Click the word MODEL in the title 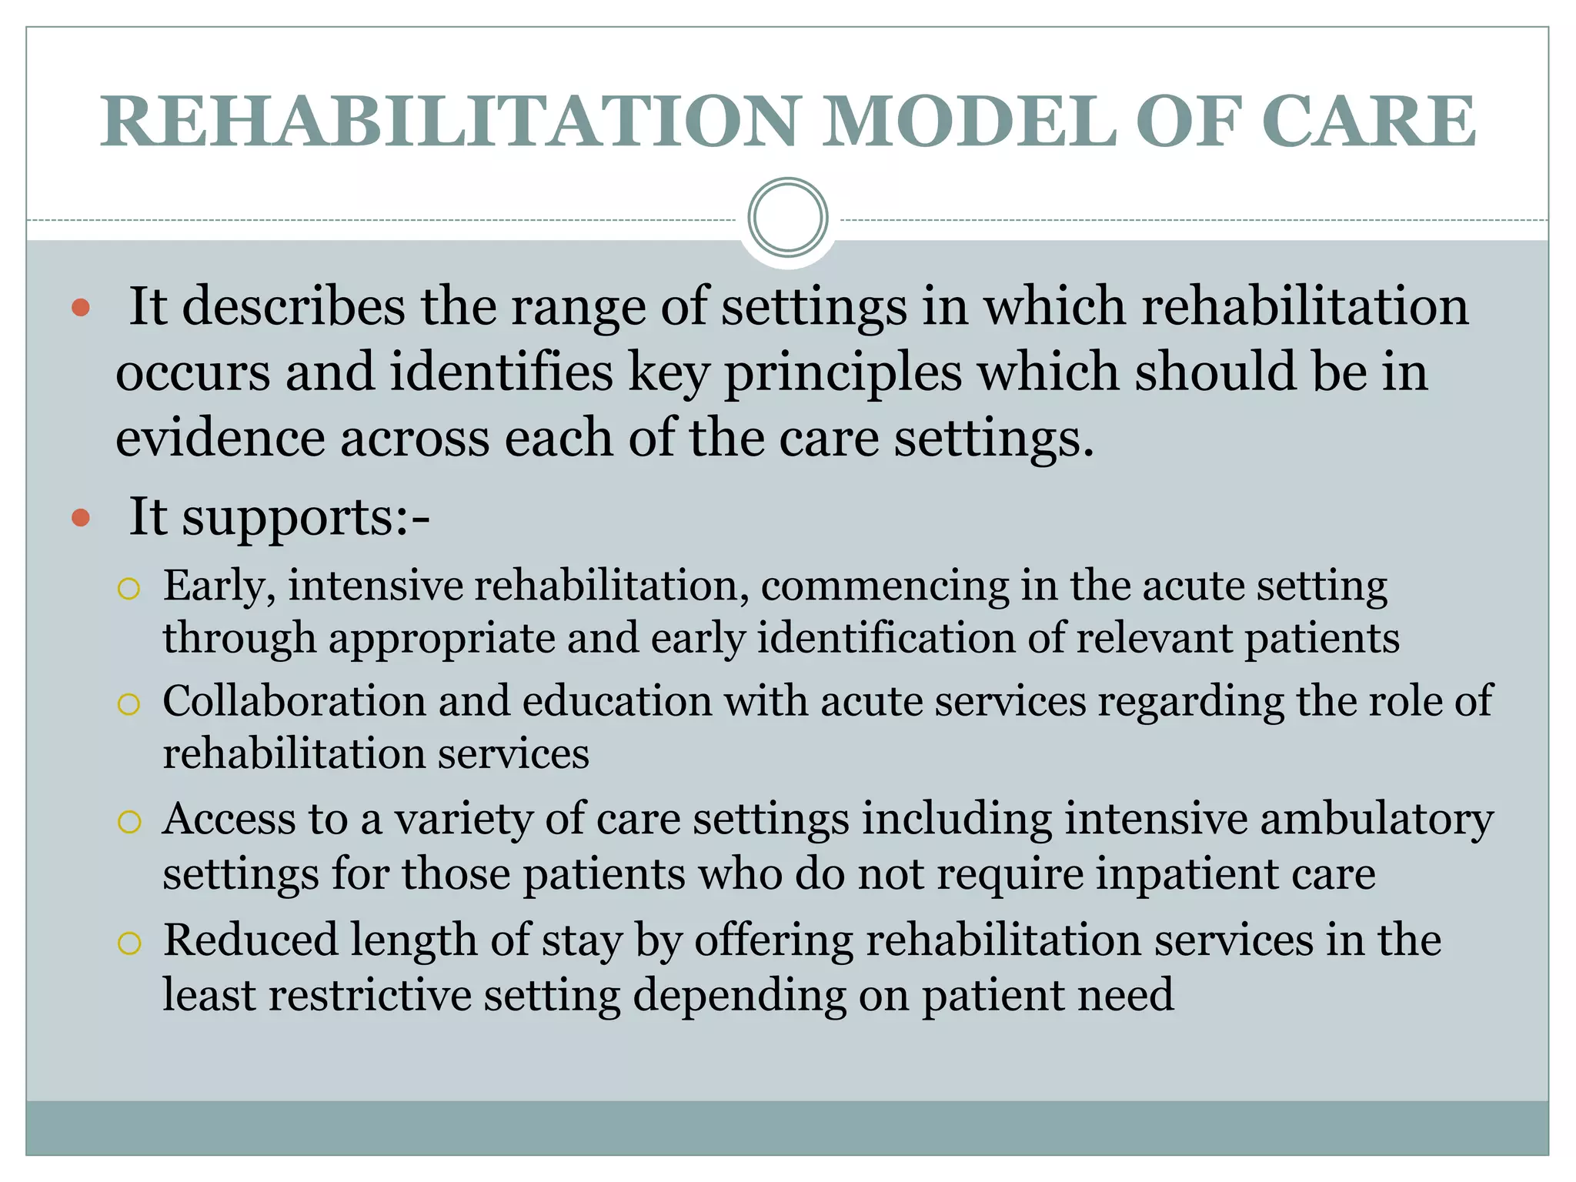(x=970, y=122)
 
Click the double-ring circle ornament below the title (x=787, y=218)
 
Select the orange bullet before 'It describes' (x=81, y=309)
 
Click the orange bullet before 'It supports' (x=81, y=518)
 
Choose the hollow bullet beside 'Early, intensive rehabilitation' (x=129, y=589)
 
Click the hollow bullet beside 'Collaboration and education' (x=129, y=704)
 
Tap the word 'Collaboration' (x=295, y=701)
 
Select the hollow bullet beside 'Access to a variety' (x=129, y=822)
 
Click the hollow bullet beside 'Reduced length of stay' (x=129, y=943)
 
